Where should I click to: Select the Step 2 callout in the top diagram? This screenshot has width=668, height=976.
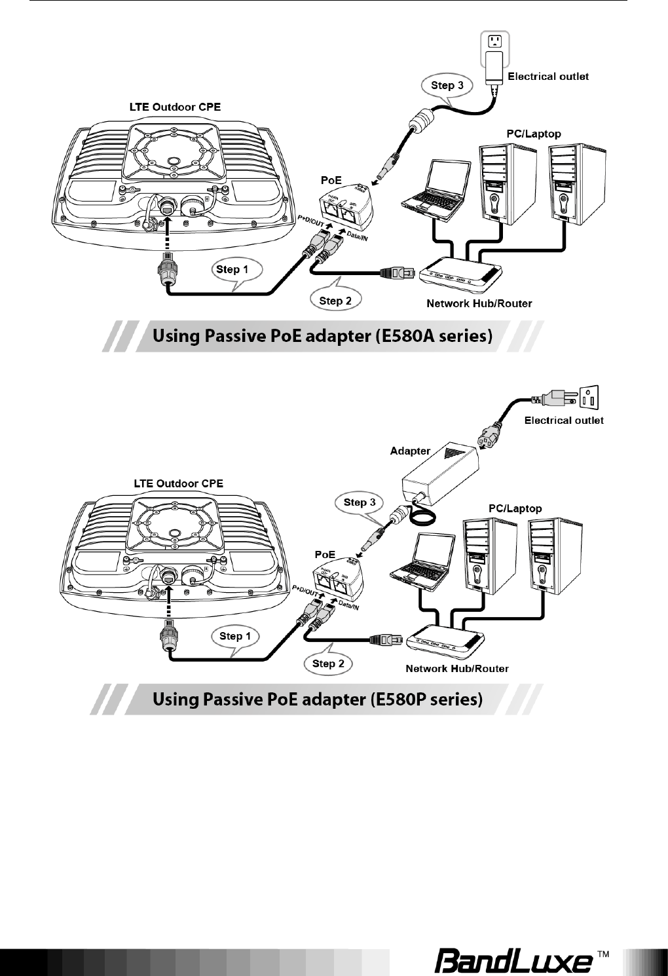(x=335, y=301)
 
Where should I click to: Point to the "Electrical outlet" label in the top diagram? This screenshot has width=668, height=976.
(x=548, y=76)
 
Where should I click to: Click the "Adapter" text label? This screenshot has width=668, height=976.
(x=410, y=451)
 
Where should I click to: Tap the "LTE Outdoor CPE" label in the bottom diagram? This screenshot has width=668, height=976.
(x=178, y=483)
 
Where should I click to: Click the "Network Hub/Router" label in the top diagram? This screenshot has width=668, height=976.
(x=479, y=303)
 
